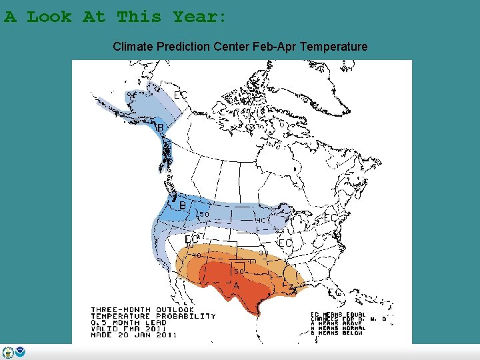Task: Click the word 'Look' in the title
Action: click(49, 17)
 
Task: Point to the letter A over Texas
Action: click(236, 285)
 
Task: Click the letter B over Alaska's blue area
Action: click(160, 127)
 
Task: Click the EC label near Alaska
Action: click(180, 95)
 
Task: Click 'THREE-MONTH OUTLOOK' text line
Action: click(142, 310)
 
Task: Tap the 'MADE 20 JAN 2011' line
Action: click(134, 335)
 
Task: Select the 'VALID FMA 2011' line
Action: click(129, 329)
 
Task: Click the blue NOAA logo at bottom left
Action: click(20, 352)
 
